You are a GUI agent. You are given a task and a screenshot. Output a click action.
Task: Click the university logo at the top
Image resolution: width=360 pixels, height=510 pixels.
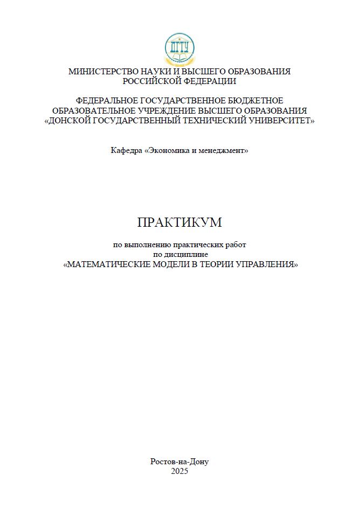179,49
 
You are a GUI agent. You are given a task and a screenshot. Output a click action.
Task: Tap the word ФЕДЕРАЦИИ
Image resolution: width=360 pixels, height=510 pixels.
209,81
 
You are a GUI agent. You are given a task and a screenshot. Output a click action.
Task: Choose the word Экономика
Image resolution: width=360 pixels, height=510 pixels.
167,150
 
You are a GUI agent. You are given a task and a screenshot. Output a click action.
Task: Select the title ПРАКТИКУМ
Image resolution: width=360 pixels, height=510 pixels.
179,222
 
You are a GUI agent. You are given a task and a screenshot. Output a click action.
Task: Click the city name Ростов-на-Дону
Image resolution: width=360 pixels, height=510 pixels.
179,462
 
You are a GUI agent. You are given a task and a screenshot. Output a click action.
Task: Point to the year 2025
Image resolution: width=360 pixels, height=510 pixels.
179,471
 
